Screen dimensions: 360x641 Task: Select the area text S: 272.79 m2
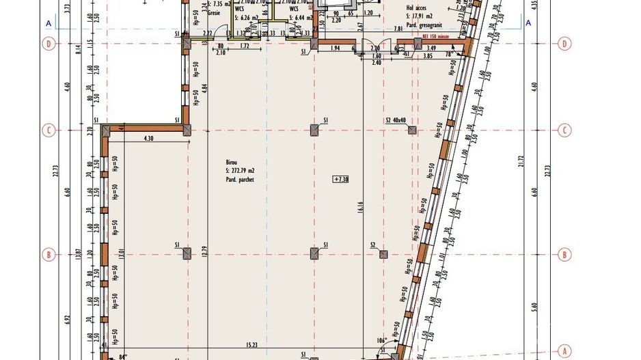tap(235, 170)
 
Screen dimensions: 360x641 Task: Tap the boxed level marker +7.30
tap(341, 180)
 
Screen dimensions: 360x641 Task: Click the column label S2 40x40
tap(396, 121)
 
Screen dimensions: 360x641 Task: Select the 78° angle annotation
tap(450, 54)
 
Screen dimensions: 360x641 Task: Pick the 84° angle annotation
tap(123, 355)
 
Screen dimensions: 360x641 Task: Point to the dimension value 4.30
tap(148, 139)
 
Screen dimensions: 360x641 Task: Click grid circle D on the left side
tap(49, 44)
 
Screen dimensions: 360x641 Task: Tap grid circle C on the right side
tap(565, 130)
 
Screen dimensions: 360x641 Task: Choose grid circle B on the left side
tap(49, 255)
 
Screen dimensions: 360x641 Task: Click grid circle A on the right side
tap(565, 350)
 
